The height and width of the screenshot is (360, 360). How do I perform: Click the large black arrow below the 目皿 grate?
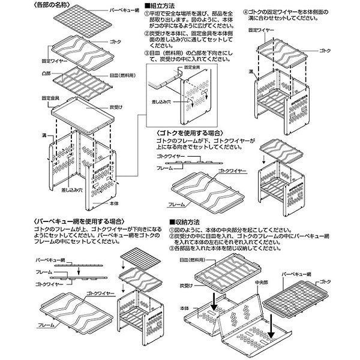[x=215, y=299]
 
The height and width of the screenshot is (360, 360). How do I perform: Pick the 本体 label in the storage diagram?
[x=185, y=308]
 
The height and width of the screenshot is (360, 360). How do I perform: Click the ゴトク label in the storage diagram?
[x=341, y=281]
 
